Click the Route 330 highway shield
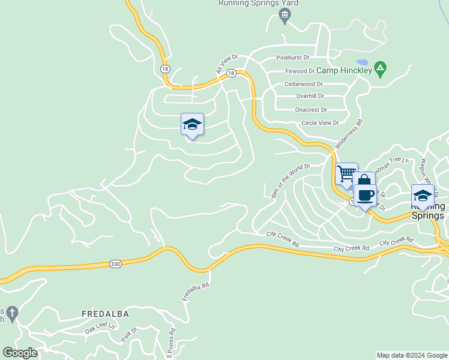click(x=115, y=263)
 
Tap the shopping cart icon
click(x=347, y=173)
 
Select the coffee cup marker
click(x=365, y=194)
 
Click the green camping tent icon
click(x=379, y=69)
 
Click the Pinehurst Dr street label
click(x=292, y=58)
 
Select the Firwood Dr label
click(x=299, y=71)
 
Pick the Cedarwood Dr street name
click(x=304, y=84)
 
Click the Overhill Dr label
click(x=310, y=96)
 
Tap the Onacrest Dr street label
click(x=311, y=110)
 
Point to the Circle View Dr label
click(x=320, y=123)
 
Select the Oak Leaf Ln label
click(x=98, y=328)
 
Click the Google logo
click(x=20, y=352)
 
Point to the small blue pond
click(x=361, y=62)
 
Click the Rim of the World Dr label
click(x=291, y=180)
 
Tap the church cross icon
click(x=13, y=313)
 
